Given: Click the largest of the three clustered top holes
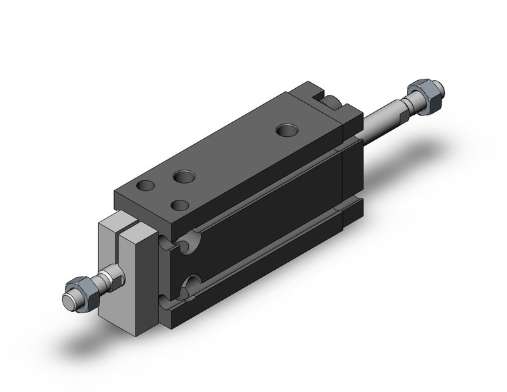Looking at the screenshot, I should [x=183, y=177].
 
